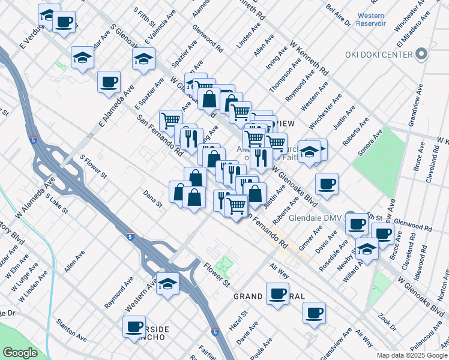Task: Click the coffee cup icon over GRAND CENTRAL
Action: point(277,294)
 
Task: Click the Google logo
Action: point(20,353)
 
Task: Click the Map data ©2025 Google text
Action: point(412,355)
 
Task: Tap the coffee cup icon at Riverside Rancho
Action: point(134,327)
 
